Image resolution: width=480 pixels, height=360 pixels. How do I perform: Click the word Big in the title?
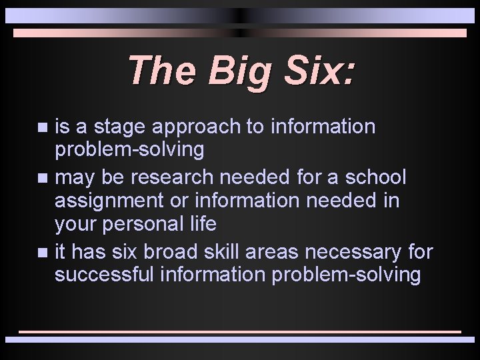pos(236,71)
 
